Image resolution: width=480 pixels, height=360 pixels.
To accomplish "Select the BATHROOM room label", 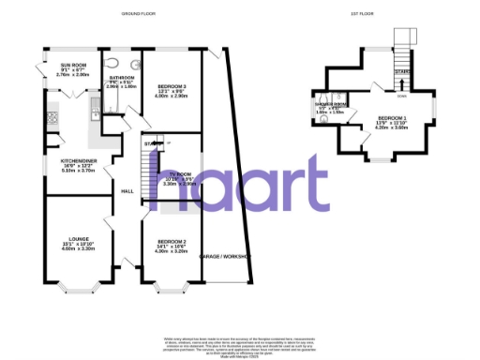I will click(x=122, y=78).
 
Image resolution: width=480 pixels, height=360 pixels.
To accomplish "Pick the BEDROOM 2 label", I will click(x=172, y=242).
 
